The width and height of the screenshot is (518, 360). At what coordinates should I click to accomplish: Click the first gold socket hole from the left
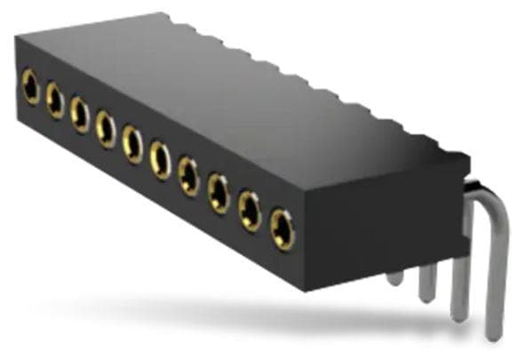pyautogui.click(x=31, y=87)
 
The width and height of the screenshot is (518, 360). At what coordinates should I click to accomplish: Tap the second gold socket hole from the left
pyautogui.click(x=55, y=100)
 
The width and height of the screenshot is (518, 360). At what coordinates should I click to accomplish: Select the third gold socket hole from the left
pyautogui.click(x=80, y=115)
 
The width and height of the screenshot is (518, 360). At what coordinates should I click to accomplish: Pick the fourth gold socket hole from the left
pyautogui.click(x=106, y=129)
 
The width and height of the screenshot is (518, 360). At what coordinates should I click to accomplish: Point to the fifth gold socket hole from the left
pyautogui.click(x=132, y=143)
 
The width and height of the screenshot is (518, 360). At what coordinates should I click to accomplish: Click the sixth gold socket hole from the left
pyautogui.click(x=160, y=160)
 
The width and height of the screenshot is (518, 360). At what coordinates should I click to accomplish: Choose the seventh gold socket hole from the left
pyautogui.click(x=188, y=175)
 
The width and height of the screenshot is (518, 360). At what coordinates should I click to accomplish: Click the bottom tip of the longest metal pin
pyautogui.click(x=494, y=333)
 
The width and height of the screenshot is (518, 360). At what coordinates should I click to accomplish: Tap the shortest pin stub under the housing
pyautogui.click(x=395, y=276)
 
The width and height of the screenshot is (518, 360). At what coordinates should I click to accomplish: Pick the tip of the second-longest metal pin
pyautogui.click(x=458, y=313)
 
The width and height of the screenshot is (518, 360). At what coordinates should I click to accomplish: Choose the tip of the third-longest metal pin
pyautogui.click(x=427, y=293)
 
